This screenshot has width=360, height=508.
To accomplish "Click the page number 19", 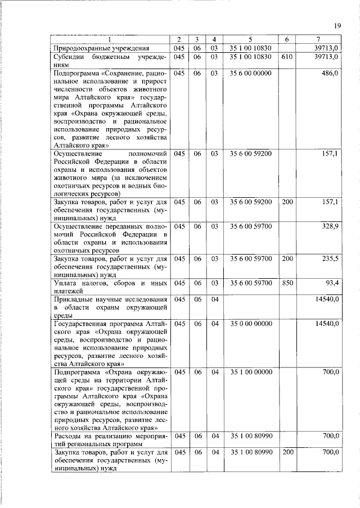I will [x=337, y=25].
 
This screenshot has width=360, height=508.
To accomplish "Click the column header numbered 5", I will [x=251, y=39].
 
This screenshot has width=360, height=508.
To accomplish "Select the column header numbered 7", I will [x=318, y=39].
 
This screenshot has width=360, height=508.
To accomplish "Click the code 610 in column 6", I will [x=287, y=57].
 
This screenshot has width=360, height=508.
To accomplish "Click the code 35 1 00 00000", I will [x=251, y=373].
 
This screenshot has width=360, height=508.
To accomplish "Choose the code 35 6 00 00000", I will [x=251, y=73].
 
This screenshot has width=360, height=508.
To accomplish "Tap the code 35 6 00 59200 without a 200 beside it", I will [x=251, y=153].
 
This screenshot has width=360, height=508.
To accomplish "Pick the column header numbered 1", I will [x=110, y=39].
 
